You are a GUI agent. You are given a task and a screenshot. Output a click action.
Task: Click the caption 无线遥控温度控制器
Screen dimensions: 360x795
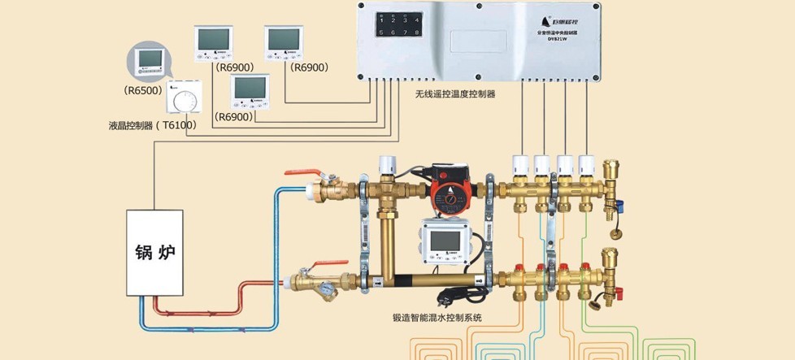point(455,94)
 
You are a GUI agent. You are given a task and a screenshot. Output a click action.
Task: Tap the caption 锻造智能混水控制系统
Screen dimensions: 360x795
point(437,318)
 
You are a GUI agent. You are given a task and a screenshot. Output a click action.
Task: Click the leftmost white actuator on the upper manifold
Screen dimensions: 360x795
point(521,166)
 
